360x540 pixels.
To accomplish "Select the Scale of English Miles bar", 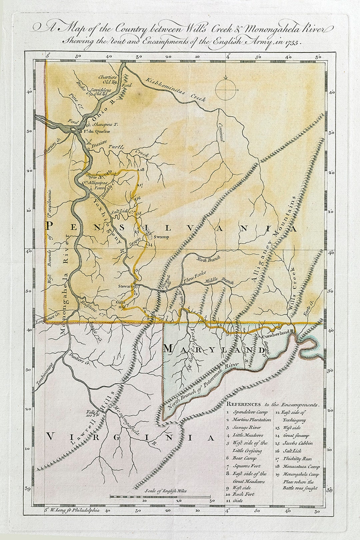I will click(x=160, y=497).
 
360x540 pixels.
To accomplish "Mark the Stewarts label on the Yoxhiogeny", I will click(x=126, y=286).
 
